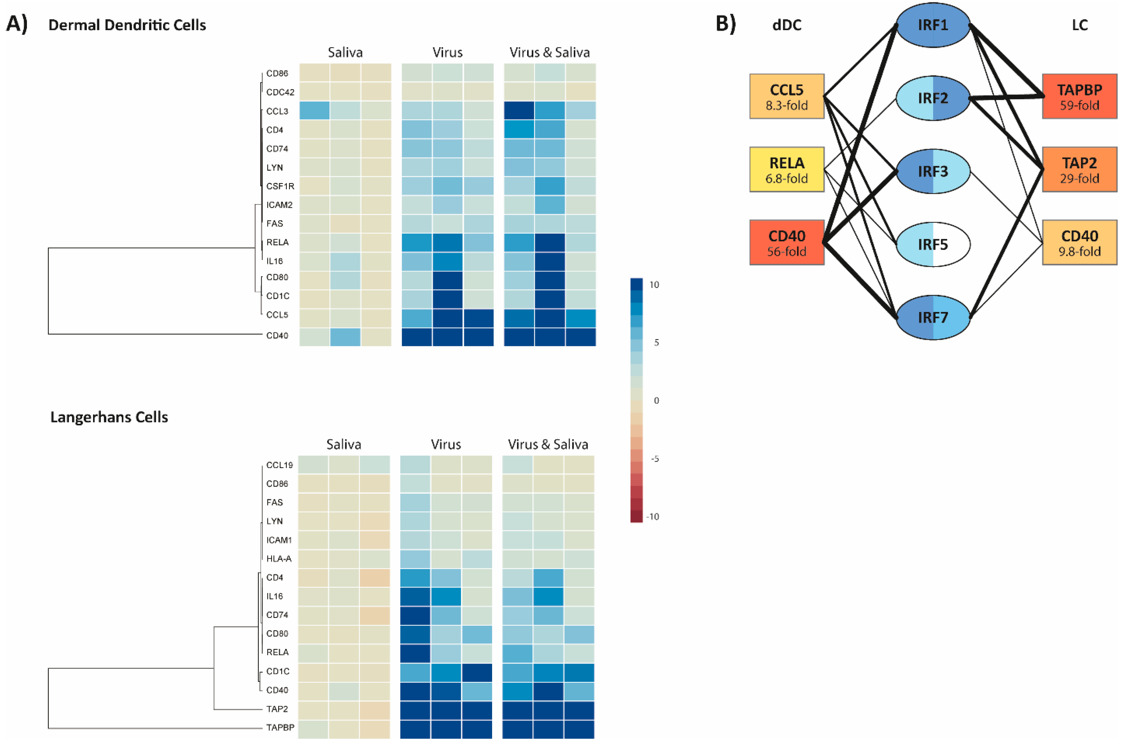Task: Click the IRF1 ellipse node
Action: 933,25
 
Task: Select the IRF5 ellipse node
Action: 933,244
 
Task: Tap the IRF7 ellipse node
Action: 933,317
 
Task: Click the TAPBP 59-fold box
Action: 1079,96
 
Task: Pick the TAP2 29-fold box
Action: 1079,170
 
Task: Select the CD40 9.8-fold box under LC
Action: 1079,243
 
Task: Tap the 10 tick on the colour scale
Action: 654,285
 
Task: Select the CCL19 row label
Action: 279,465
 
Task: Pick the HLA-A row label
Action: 279,559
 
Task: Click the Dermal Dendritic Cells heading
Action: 127,25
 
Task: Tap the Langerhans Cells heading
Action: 109,417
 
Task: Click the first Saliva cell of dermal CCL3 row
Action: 314,111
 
